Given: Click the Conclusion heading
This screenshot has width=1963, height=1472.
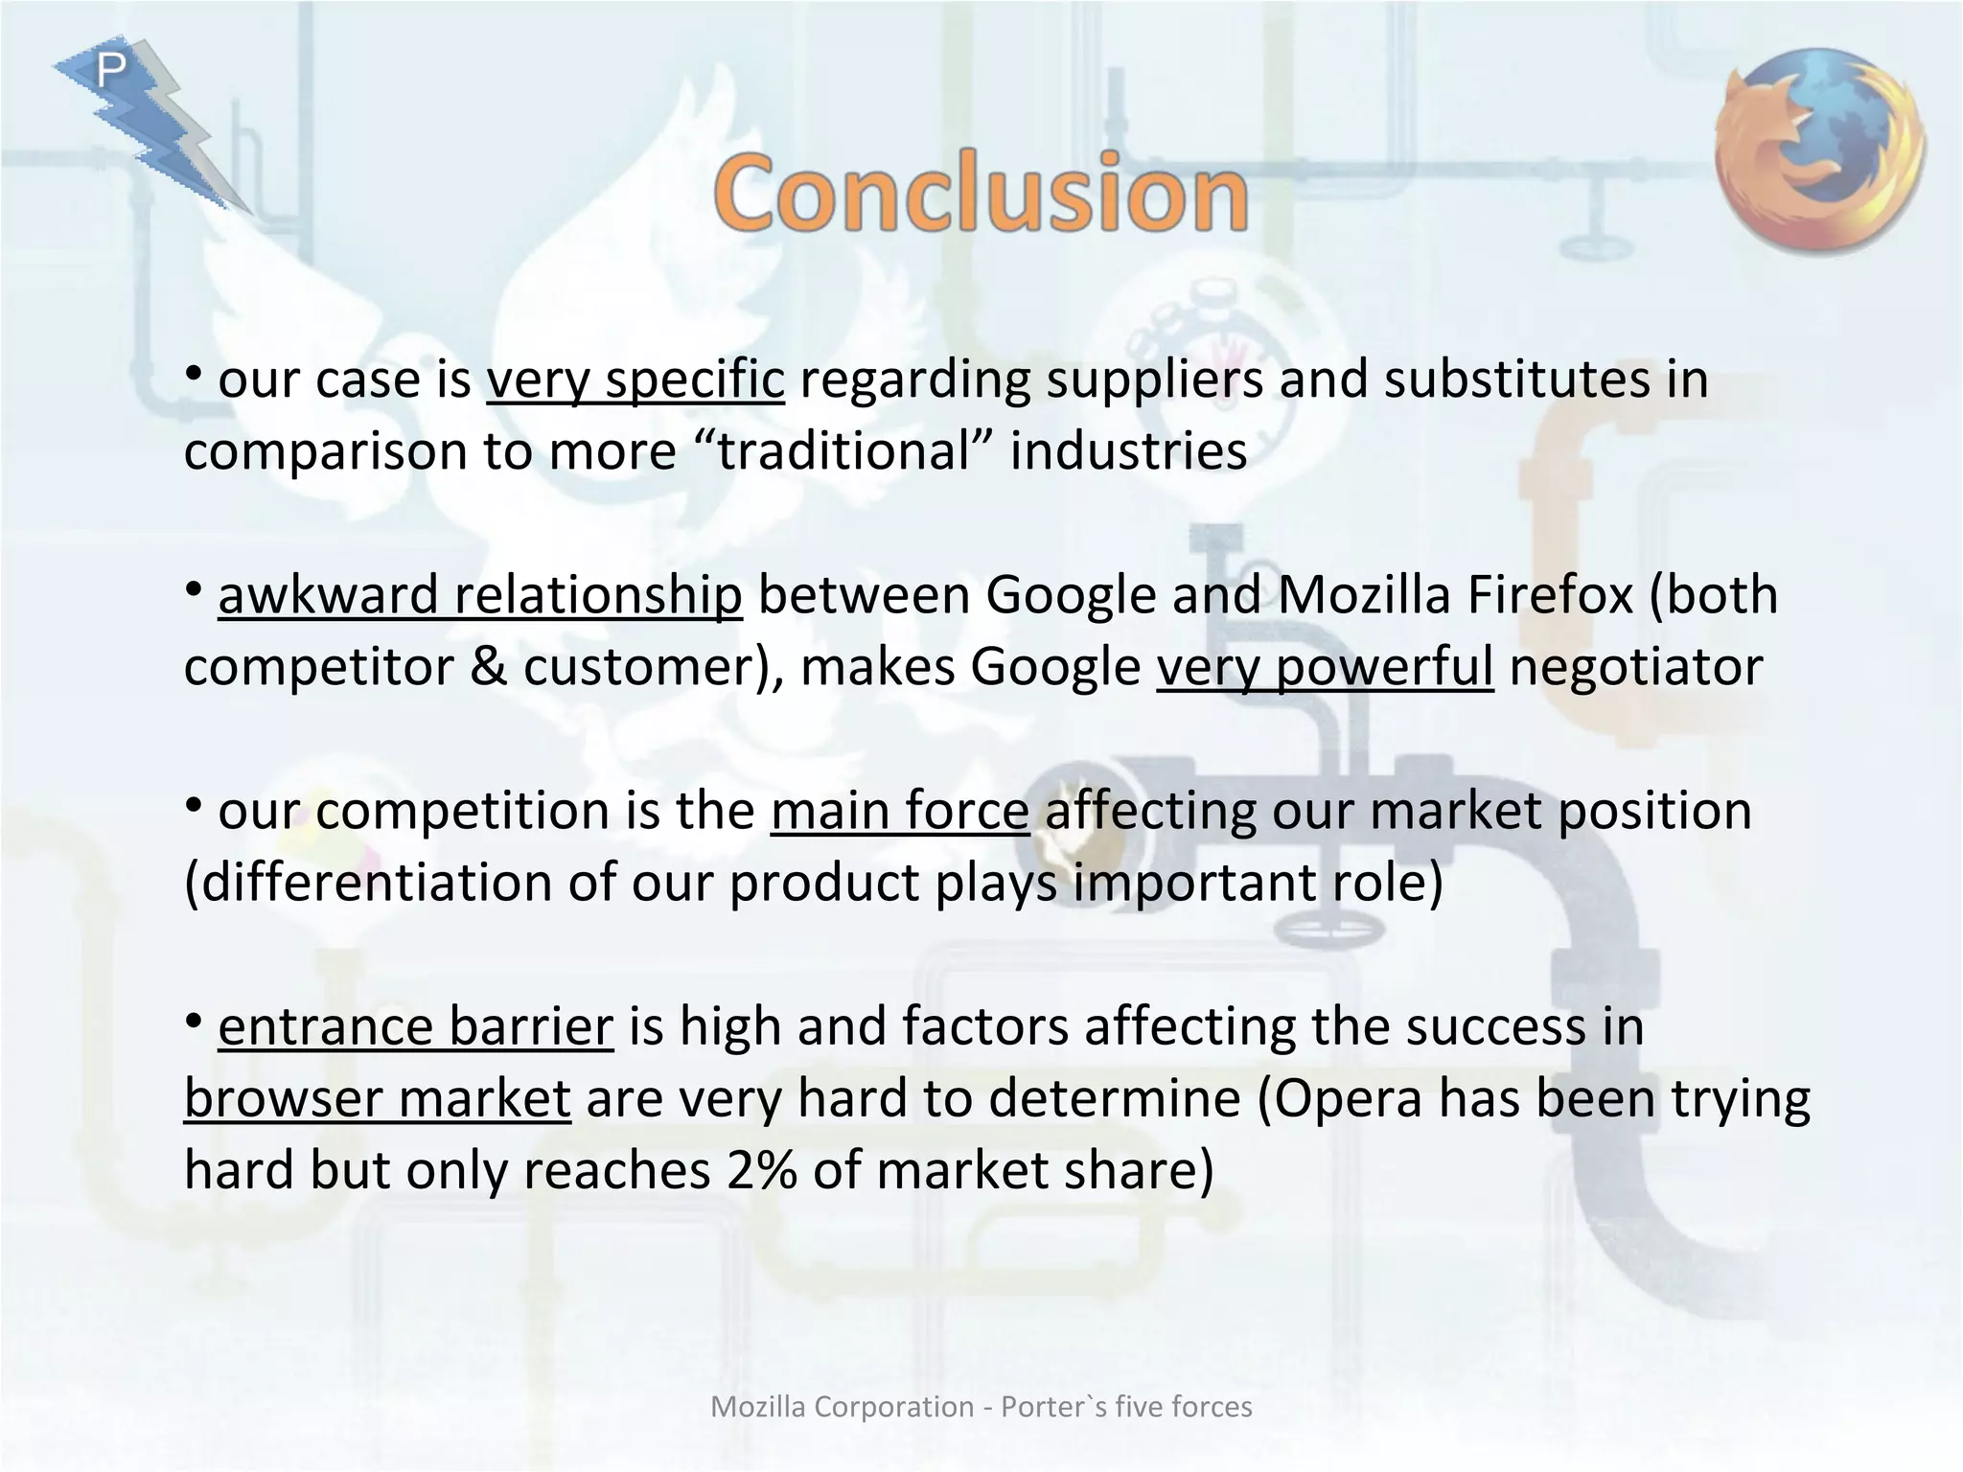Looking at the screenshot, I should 981,193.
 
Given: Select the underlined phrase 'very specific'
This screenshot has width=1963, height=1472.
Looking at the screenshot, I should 635,379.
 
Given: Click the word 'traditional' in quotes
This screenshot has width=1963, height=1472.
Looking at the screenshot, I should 844,450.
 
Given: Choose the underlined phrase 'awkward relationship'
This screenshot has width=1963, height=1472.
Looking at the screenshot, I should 479,595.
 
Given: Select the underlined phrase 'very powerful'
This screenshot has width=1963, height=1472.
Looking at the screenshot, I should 1324,667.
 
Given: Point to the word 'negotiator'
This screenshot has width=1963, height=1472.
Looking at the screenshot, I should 1635,667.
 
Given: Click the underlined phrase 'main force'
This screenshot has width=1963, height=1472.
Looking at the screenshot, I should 899,811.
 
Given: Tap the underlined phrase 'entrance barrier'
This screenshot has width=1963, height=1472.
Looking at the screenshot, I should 415,1026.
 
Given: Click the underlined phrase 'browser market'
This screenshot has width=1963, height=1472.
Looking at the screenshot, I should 378,1098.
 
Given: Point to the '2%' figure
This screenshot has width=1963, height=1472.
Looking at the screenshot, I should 761,1170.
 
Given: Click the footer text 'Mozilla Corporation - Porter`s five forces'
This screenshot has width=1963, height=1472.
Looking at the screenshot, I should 981,1406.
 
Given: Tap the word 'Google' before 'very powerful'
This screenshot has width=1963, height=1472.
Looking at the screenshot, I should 1055,667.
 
